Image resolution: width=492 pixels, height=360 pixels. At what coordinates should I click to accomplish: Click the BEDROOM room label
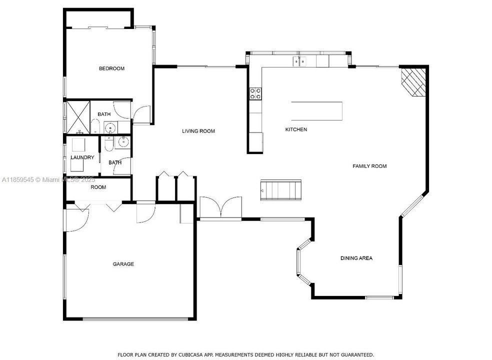111,68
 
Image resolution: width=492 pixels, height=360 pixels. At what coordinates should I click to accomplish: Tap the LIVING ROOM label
198,131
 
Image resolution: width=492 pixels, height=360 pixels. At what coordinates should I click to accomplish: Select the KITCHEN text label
296,129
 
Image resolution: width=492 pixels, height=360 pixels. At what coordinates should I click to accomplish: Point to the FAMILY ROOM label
369,166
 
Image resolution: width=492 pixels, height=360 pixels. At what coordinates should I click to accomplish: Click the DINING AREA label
356,258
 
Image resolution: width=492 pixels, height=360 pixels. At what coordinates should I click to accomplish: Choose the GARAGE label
123,264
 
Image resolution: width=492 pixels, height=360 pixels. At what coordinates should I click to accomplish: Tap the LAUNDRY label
82,157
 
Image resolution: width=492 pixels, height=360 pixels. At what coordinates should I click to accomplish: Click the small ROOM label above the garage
98,187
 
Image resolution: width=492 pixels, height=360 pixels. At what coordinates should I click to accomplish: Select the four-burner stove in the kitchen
255,93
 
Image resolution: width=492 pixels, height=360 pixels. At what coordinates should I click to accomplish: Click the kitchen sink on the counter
299,61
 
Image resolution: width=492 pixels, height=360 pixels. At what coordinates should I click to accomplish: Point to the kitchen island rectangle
316,111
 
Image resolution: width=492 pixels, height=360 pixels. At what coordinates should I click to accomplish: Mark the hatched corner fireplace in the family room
413,81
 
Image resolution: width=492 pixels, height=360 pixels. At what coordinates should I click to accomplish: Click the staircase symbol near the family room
281,190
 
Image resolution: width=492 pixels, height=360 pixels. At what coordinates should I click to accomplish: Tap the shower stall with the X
78,117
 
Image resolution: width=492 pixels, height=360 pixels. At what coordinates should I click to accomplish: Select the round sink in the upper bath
110,128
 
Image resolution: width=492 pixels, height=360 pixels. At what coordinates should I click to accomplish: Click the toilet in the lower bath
108,143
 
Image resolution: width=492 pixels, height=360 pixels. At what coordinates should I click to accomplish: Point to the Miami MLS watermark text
48,180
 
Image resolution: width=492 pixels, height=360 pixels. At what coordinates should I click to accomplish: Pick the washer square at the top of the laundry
78,145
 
